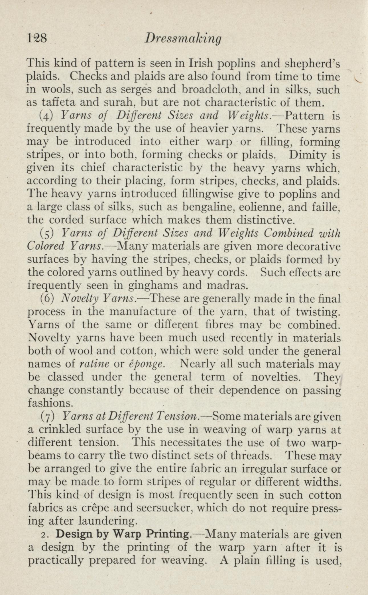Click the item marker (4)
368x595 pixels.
tap(46, 116)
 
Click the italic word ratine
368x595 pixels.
tap(94, 364)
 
